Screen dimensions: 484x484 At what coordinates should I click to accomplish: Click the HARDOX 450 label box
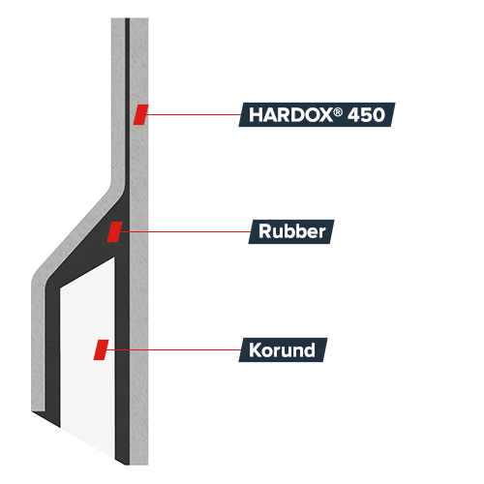[317, 114]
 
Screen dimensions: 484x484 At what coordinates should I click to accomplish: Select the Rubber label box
[291, 231]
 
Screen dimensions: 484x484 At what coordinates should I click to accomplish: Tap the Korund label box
[283, 349]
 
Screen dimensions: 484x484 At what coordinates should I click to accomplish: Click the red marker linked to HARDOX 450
[141, 114]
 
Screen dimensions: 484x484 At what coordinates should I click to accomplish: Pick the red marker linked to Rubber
[115, 231]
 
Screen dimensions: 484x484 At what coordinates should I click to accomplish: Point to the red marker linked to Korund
[101, 349]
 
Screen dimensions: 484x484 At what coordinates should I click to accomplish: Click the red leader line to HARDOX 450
[194, 114]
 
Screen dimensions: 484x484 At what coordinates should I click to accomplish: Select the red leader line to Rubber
[185, 231]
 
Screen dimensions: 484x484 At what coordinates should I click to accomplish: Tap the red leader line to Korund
[173, 349]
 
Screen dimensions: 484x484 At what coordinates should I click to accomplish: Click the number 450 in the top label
[367, 115]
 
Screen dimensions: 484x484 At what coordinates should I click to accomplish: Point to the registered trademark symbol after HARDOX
[338, 111]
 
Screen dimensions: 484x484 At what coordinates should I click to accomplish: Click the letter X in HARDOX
[323, 115]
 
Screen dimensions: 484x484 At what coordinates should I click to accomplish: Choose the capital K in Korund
[256, 350]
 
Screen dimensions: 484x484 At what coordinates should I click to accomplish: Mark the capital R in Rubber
[265, 231]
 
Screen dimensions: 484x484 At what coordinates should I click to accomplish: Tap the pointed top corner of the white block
[114, 257]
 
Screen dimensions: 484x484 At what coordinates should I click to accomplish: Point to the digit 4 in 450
[354, 115]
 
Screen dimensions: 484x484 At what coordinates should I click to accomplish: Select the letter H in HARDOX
[255, 115]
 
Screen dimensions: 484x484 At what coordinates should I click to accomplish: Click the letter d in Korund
[310, 349]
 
